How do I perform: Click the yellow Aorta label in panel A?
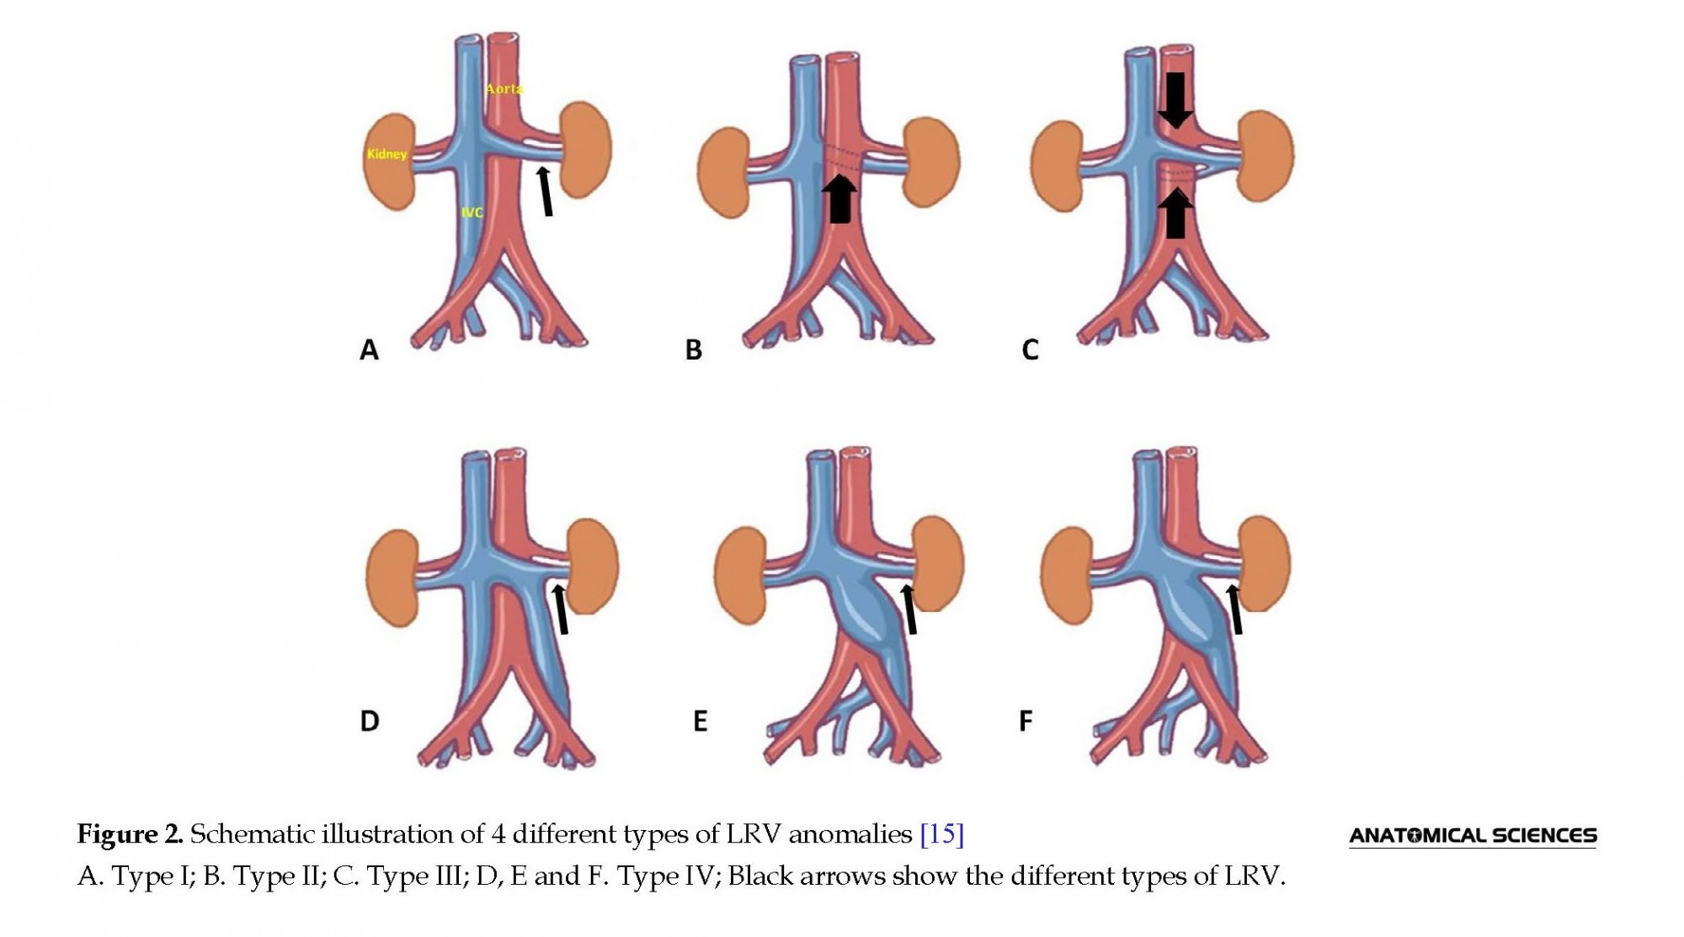point(504,88)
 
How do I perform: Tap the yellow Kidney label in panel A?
point(387,154)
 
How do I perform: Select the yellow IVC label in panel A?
point(472,212)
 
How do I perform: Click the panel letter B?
point(694,349)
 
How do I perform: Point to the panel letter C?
point(1030,349)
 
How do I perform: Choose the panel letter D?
point(370,721)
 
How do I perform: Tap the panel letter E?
point(700,721)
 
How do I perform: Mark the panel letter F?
point(1026,721)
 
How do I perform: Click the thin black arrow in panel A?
point(545,191)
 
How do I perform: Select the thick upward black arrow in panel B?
point(839,199)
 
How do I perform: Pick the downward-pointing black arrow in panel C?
point(1175,100)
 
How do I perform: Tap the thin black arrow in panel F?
point(1234,610)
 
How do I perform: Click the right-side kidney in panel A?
point(585,149)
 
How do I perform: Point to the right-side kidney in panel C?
point(1266,156)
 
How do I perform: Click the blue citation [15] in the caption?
point(942,834)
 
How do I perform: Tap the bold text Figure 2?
point(131,834)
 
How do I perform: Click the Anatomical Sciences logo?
point(1473,836)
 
